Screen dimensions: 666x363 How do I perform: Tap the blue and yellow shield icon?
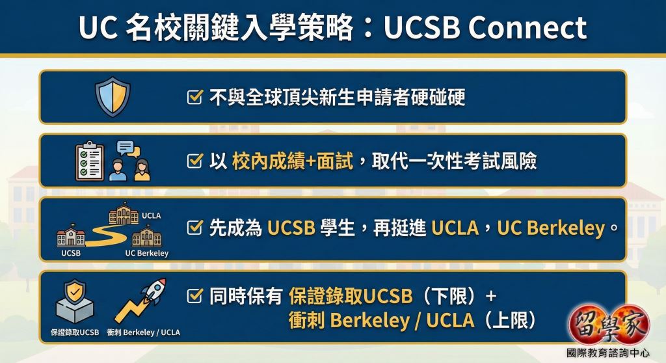click(113, 97)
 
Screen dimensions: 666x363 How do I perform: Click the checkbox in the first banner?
click(194, 97)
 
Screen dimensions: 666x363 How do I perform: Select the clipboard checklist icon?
click(90, 161)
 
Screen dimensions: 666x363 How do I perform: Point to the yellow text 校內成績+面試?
click(292, 161)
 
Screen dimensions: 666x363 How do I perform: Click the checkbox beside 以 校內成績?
click(194, 161)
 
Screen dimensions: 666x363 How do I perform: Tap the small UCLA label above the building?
click(151, 215)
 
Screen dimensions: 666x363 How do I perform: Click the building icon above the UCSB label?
click(71, 235)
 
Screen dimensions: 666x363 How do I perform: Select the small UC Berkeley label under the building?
click(147, 253)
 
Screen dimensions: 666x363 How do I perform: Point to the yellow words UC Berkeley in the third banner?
click(551, 228)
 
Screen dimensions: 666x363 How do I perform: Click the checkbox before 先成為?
click(194, 228)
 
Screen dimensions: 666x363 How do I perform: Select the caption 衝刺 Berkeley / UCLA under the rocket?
click(144, 332)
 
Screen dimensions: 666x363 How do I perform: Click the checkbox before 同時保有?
click(194, 295)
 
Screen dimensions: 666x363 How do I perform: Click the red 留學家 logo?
click(609, 325)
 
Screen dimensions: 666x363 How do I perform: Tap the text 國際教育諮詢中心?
click(608, 353)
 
